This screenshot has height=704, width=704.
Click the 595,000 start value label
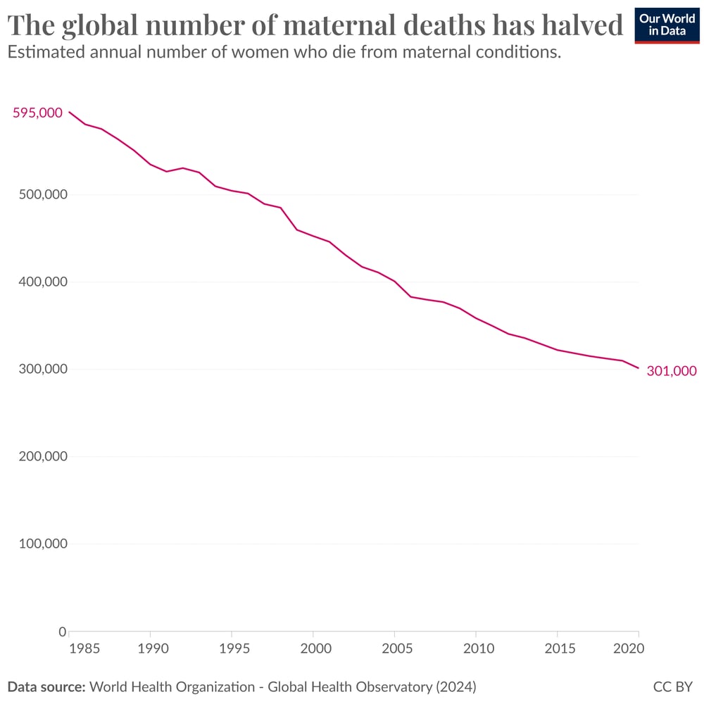pos(37,113)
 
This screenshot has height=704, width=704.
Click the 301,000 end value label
pos(672,370)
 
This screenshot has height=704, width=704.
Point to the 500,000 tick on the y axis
pos(43,194)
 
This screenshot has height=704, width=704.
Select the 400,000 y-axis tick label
pos(43,282)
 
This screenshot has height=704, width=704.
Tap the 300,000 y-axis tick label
pos(43,369)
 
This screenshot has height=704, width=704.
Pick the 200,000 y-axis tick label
pos(43,456)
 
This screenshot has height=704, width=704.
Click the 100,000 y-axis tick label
pos(43,543)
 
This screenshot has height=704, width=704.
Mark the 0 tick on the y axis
pos(62,631)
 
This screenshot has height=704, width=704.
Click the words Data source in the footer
pos(46,685)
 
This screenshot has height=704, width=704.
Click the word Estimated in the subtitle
pos(43,53)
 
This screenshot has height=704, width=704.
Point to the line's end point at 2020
pos(639,368)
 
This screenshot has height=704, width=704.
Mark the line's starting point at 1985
pos(69,112)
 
